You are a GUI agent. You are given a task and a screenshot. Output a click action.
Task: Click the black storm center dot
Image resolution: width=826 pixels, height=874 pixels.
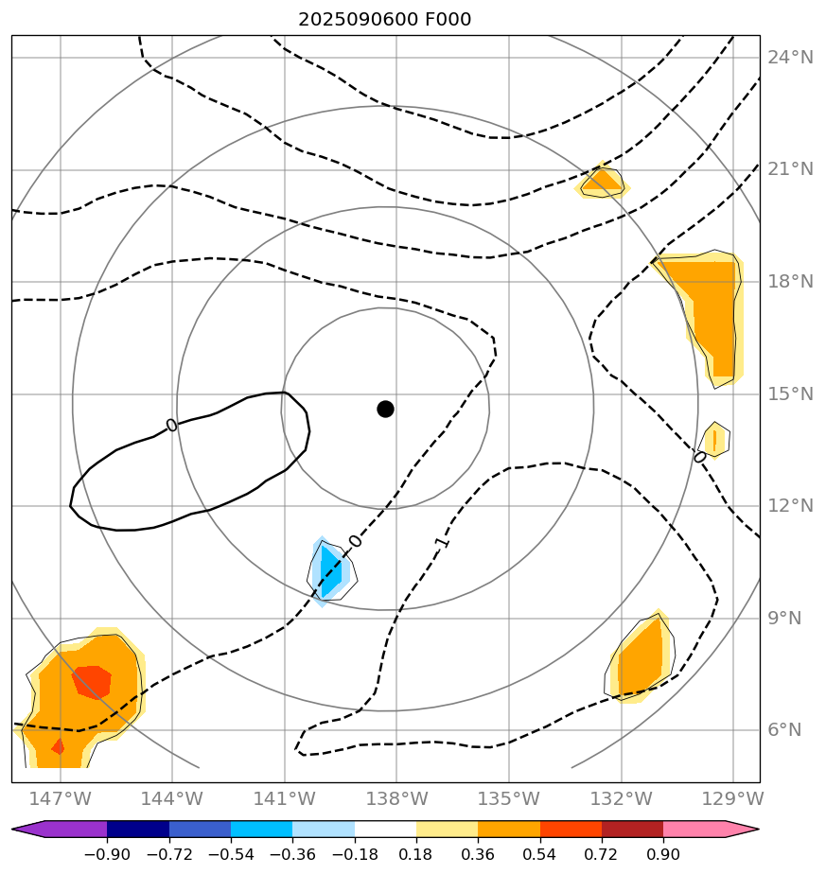click(x=385, y=409)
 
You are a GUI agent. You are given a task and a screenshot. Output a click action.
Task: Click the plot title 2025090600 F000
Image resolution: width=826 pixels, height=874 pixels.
click(x=384, y=20)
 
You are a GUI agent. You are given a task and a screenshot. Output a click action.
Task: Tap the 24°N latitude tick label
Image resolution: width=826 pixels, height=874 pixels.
click(x=790, y=58)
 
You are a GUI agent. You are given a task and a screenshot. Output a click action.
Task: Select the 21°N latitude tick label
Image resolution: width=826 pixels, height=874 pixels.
click(x=790, y=169)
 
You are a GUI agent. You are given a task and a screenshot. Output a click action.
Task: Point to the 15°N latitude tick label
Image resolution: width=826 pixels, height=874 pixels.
click(x=790, y=393)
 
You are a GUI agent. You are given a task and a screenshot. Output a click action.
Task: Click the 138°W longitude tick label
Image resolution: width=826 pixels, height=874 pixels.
click(x=396, y=798)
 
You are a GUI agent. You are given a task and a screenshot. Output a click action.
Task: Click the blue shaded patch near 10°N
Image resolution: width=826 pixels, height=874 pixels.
click(x=330, y=571)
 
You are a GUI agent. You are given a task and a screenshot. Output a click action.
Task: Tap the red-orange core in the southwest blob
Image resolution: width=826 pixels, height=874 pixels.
click(x=92, y=681)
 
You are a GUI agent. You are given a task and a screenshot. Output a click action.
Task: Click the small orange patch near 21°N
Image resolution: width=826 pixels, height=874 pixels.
click(x=602, y=180)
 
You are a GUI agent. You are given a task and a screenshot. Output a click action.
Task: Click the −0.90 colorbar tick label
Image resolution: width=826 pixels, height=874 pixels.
click(x=107, y=855)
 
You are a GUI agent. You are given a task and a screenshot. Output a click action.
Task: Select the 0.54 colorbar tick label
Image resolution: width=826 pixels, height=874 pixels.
click(x=540, y=855)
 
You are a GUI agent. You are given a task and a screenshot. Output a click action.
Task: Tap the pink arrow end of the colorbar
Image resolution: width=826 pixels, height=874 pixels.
click(x=742, y=830)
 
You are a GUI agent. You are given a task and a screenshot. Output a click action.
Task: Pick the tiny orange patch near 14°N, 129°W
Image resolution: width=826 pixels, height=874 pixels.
click(x=715, y=440)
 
